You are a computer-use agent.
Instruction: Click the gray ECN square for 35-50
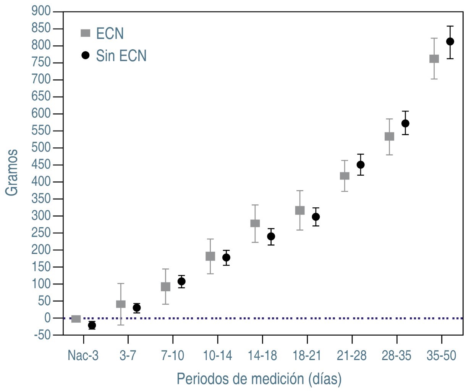point(434,59)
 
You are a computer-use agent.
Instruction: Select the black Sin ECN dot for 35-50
point(450,42)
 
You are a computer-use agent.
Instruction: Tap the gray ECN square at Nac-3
point(76,319)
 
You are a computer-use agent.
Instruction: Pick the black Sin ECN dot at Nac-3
point(92,325)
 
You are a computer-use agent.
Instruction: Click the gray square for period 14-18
point(255,223)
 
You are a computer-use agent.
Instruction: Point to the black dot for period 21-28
point(360,165)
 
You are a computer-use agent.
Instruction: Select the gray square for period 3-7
point(121,304)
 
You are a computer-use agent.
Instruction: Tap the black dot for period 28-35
point(405,123)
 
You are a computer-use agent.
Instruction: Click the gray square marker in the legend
point(86,33)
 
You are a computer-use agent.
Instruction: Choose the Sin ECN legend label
point(121,56)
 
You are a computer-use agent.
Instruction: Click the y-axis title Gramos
point(12,173)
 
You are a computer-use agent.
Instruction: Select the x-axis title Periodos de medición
point(259,379)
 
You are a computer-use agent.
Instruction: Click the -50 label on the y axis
point(42,335)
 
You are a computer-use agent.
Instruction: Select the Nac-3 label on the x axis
point(83,356)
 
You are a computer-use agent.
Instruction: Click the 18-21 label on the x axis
point(307,356)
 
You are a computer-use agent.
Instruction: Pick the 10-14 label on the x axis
point(217,356)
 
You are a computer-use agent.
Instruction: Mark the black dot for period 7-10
point(181,281)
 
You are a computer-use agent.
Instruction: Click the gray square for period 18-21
point(300,210)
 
